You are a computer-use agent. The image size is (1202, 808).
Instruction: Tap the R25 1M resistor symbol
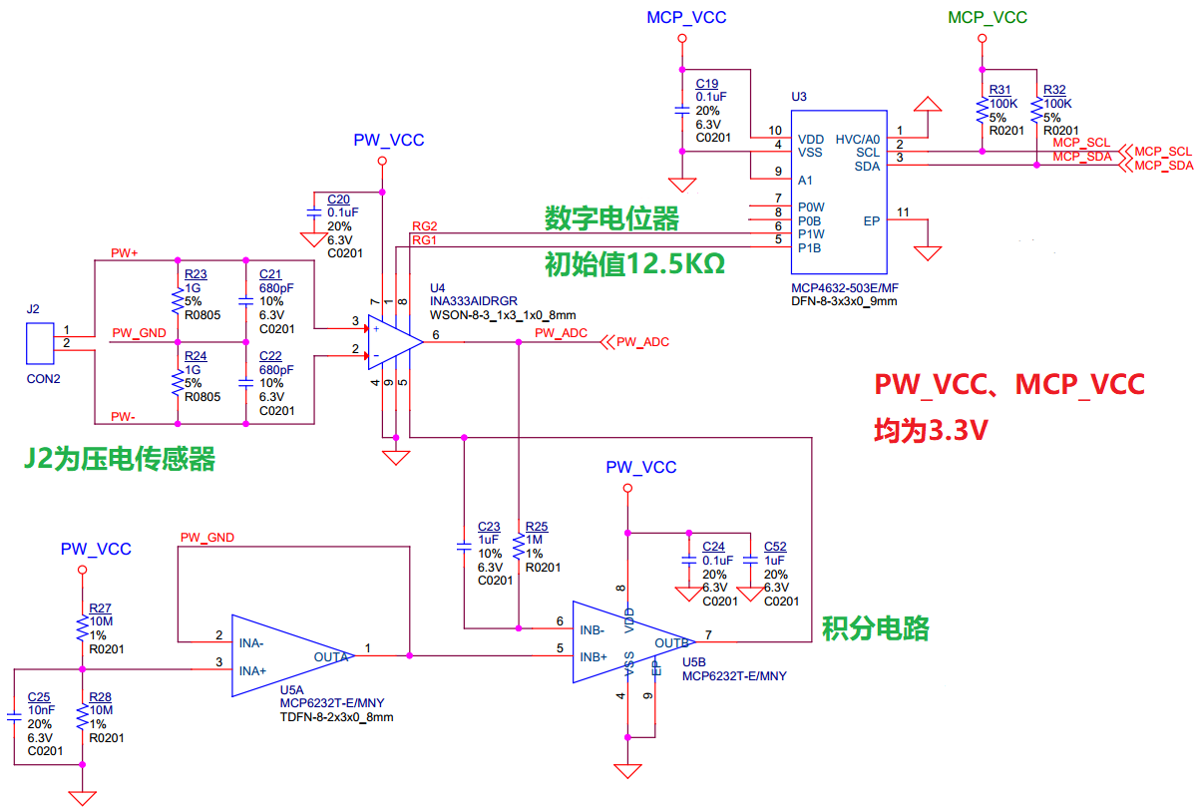518,547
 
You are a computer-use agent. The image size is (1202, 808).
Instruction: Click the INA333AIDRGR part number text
474,300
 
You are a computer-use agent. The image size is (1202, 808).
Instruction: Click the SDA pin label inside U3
867,167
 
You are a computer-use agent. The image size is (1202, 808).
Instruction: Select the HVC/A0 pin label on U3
858,139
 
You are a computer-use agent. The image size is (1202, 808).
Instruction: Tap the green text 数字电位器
610,217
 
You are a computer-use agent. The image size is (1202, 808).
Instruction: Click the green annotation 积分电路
875,627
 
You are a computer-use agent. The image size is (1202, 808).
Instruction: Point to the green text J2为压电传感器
119,459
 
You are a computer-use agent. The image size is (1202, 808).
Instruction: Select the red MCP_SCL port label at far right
1163,151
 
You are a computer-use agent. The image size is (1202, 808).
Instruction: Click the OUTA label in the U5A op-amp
331,656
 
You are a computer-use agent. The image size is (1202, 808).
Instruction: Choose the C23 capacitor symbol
463,547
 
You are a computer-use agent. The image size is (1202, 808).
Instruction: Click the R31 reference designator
1000,89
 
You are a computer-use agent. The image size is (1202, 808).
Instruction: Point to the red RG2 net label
424,226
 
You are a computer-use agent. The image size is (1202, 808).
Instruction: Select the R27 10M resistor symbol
82,628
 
